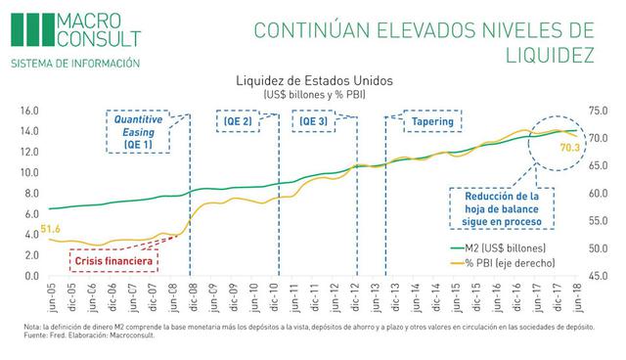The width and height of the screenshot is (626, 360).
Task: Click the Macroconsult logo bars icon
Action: click(26, 28)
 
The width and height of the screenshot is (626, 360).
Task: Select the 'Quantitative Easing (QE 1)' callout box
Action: click(138, 129)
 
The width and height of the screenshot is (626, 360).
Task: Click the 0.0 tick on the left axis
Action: click(30, 276)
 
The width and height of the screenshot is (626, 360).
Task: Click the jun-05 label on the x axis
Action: click(50, 296)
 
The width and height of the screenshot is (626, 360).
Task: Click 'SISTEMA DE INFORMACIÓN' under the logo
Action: click(74, 65)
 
